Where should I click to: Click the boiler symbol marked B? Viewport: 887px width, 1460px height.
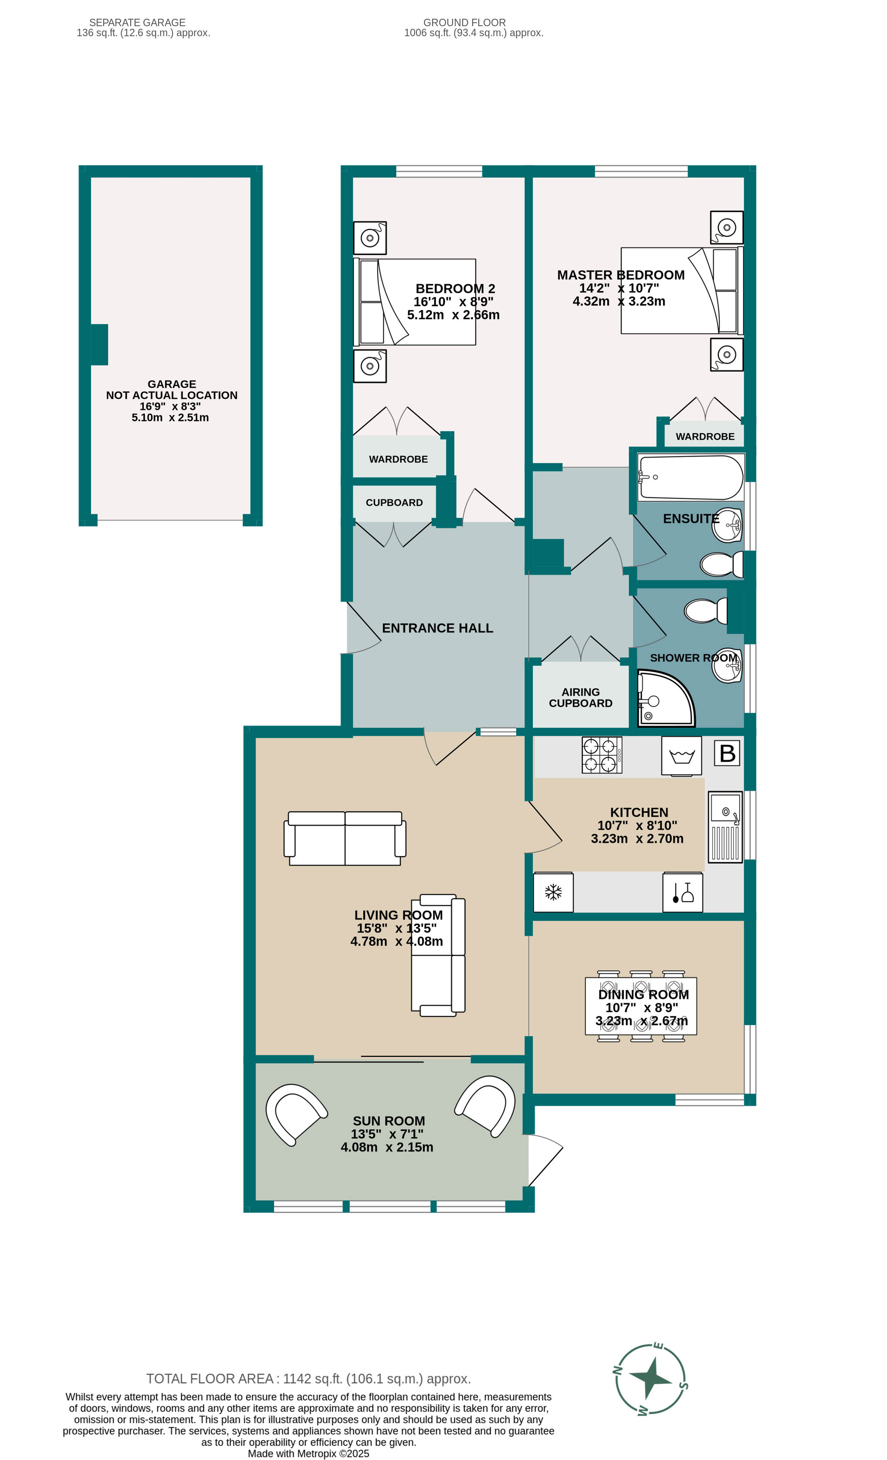pyautogui.click(x=727, y=753)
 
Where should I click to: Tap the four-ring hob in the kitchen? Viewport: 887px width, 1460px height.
pyautogui.click(x=602, y=755)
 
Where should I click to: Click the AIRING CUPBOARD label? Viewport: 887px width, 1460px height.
pyautogui.click(x=580, y=697)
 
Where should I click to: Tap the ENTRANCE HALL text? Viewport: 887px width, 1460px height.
pyautogui.click(x=437, y=628)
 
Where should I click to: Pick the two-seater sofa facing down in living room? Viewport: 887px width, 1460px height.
pyautogui.click(x=345, y=838)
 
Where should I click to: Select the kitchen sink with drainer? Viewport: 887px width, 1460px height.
pyautogui.click(x=725, y=827)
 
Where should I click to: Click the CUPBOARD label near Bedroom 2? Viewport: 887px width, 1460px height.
pyautogui.click(x=394, y=503)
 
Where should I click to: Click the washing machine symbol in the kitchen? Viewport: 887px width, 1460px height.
pyautogui.click(x=681, y=755)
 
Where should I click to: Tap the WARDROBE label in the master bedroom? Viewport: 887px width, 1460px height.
pyautogui.click(x=704, y=437)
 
